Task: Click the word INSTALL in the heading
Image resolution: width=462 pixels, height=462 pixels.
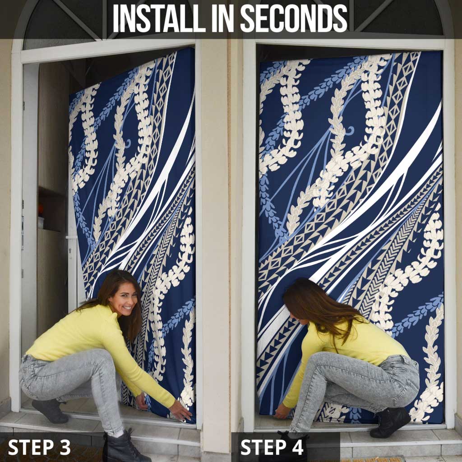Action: [x=159, y=18]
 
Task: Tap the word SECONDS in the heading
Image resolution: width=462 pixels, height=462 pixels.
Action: [x=294, y=18]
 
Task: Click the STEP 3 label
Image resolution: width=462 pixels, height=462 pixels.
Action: [x=39, y=447]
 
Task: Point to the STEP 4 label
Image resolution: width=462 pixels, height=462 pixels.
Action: [x=272, y=447]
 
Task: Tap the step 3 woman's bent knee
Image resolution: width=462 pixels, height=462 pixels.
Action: [x=100, y=358]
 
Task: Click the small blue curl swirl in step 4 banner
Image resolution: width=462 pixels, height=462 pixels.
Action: [x=349, y=131]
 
